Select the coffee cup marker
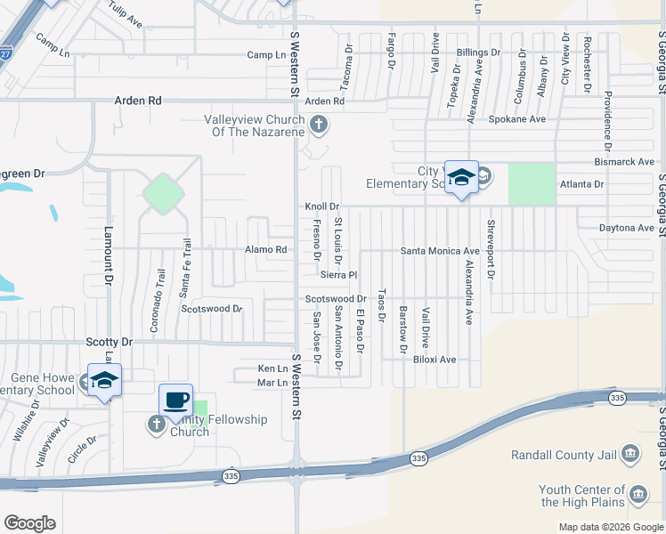coord(176,400)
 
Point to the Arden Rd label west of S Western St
coord(138,101)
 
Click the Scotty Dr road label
coord(109,342)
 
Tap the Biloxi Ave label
coord(435,360)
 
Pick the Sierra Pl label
coord(338,275)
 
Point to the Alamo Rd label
coord(266,250)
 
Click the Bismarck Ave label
coord(624,162)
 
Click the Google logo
coord(29,523)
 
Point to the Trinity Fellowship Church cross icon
coord(156,423)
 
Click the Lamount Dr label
coord(110,267)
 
